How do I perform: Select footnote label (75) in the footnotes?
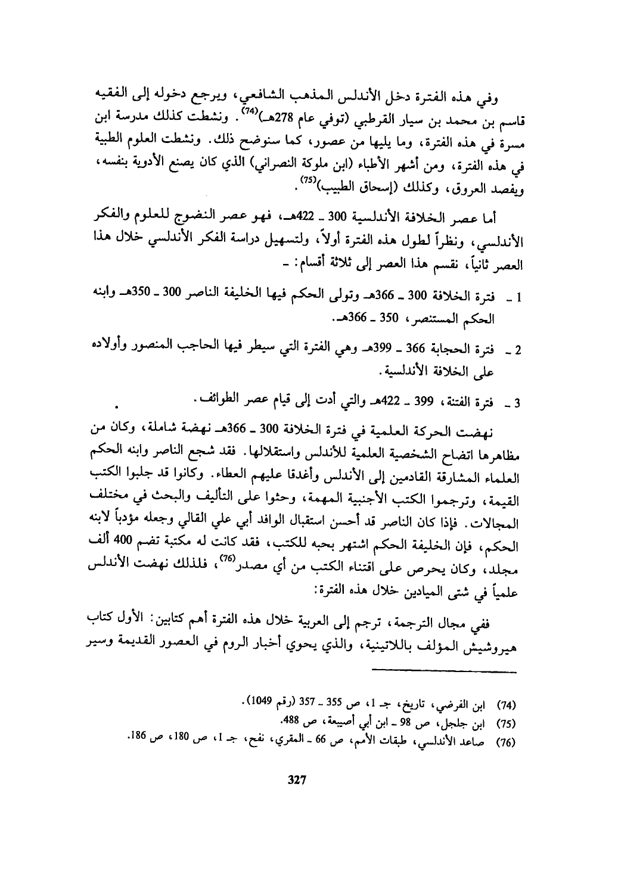coord(505,722)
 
